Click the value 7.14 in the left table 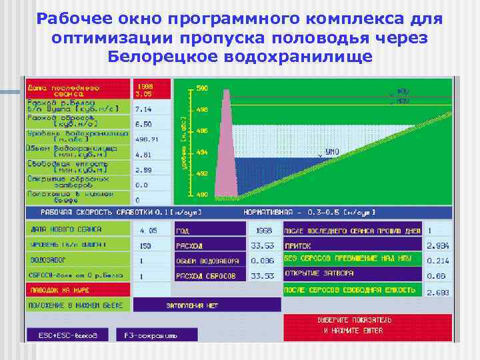[x=144, y=109]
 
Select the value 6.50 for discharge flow [x=144, y=124]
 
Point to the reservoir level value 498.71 [x=147, y=139]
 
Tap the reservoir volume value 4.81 [x=144, y=155]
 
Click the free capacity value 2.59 [x=144, y=170]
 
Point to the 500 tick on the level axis [x=202, y=88]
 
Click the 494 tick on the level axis [x=202, y=153]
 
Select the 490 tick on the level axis [x=202, y=195]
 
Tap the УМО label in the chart [x=332, y=152]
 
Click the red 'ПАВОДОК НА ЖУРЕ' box [x=77, y=289]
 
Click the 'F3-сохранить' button [x=147, y=335]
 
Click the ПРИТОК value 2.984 [x=437, y=245]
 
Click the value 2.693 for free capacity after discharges [x=437, y=292]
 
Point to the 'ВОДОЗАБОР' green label [x=77, y=259]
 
